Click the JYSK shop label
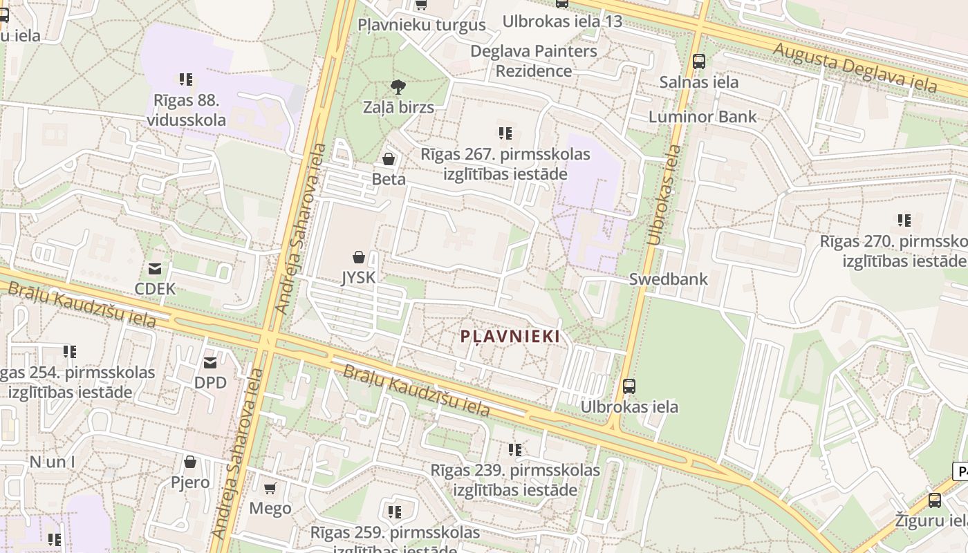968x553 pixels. coord(358,278)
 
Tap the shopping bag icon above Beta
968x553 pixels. coord(389,160)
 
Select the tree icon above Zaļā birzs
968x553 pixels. coord(398,87)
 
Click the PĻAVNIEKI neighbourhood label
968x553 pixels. coord(510,337)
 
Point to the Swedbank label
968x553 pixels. coord(669,279)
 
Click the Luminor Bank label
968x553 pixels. coord(702,117)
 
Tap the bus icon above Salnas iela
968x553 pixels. coord(699,62)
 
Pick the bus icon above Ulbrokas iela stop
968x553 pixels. coord(629,386)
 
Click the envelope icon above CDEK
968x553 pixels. coord(155,269)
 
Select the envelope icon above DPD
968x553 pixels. coord(210,363)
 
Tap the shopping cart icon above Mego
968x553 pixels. coord(270,489)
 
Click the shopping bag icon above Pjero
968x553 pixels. coord(190,462)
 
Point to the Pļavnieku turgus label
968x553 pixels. coord(422,26)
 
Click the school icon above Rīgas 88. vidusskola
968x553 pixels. coord(185,79)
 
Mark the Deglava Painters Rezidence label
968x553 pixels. coord(534,61)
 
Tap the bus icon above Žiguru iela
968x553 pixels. coord(935,500)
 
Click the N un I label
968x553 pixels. coord(53,462)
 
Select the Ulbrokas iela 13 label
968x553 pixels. coord(562,21)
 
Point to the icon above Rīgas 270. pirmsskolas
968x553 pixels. coord(904,221)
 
